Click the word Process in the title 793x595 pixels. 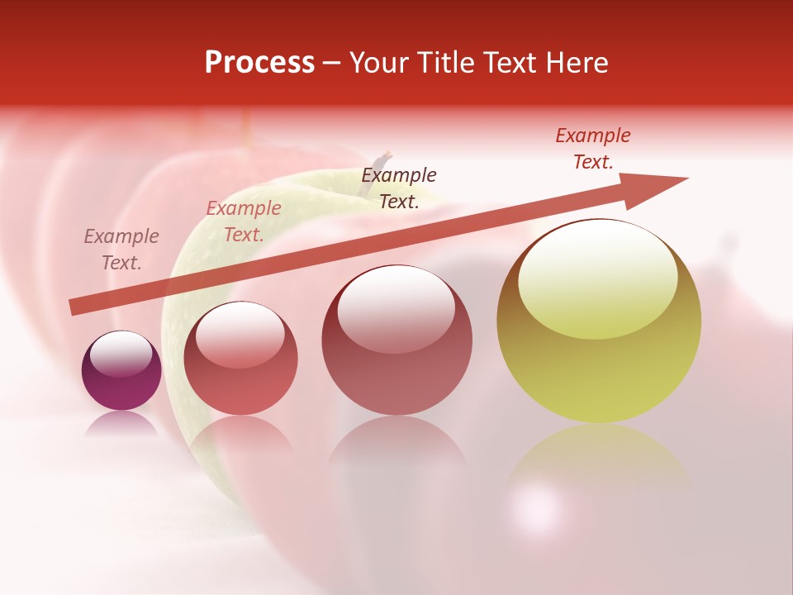(x=259, y=63)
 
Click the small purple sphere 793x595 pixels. (x=121, y=370)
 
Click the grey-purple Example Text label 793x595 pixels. (x=121, y=250)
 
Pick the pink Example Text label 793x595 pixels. (x=244, y=221)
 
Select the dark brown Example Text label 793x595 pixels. (x=399, y=188)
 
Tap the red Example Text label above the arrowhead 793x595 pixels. (x=593, y=149)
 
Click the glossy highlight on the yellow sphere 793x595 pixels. (x=597, y=279)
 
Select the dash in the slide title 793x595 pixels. (x=331, y=64)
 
